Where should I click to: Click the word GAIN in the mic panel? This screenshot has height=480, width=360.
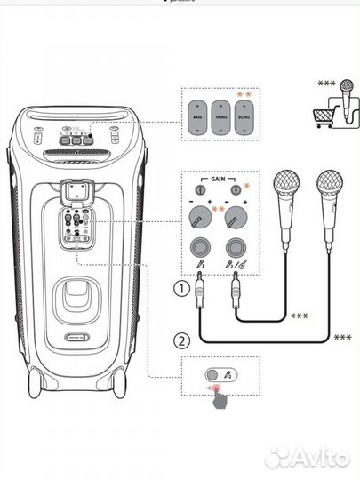[218, 179]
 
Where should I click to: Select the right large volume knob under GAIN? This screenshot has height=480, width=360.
[236, 215]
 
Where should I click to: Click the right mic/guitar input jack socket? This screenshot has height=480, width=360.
[236, 246]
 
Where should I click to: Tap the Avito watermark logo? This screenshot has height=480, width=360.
[308, 456]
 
